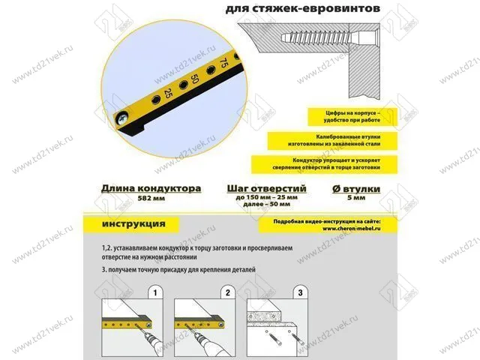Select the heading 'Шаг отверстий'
[265, 188]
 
